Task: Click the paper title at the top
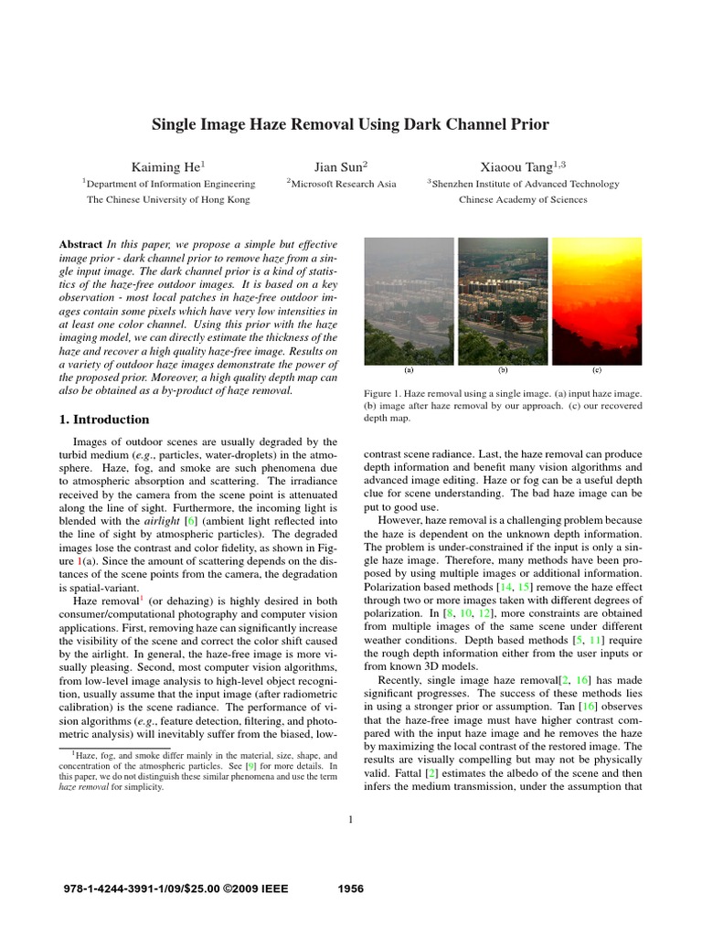coord(350,123)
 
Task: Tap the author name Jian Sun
coord(340,166)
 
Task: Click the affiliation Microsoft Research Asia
coord(341,184)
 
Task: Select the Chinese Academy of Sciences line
coord(523,199)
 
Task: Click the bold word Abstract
coord(80,246)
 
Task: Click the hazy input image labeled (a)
coord(408,300)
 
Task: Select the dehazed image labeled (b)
coord(502,300)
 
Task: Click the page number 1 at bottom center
coord(350,819)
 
